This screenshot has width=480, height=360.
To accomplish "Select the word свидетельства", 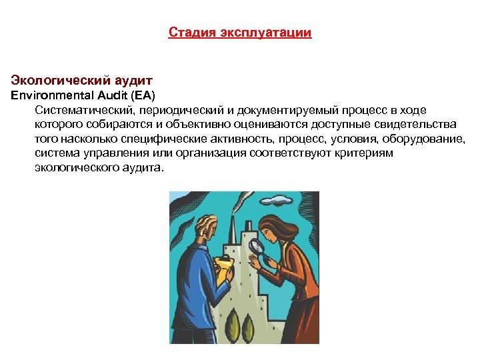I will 416,124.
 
